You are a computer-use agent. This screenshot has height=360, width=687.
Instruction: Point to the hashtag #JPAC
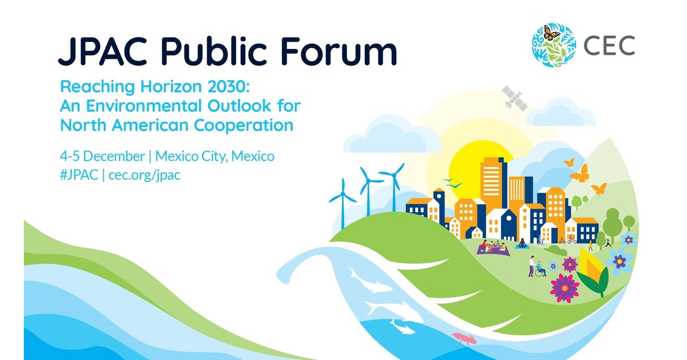coord(79,175)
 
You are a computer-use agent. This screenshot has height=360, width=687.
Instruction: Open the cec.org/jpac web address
coord(144,176)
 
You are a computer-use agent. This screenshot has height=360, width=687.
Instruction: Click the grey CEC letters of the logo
coord(609,45)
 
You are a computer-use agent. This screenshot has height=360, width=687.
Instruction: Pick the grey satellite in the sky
coord(514,97)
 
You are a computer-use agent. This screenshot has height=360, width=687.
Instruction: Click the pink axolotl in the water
coord(464,338)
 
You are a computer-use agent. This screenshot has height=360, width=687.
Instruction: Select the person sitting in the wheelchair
coord(541,269)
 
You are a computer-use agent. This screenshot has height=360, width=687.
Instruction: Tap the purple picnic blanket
coord(492,249)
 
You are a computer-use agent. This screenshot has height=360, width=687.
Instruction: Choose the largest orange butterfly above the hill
coord(580,174)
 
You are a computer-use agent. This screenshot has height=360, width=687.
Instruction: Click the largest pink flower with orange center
coord(565,288)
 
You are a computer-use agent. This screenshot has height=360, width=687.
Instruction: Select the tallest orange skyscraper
coord(493,181)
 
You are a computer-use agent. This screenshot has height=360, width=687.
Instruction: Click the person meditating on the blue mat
coord(522,244)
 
